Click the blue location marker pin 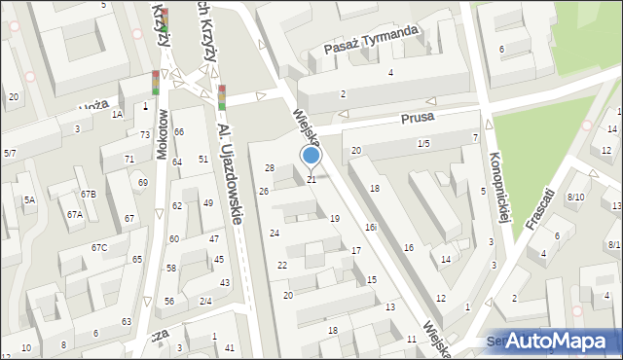pyautogui.click(x=311, y=156)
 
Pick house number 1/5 pyautogui.click(x=423, y=144)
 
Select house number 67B pyautogui.click(x=89, y=195)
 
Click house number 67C pyautogui.click(x=99, y=248)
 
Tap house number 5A pyautogui.click(x=29, y=200)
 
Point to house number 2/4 pyautogui.click(x=205, y=301)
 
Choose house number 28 pyautogui.click(x=270, y=168)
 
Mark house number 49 pyautogui.click(x=208, y=202)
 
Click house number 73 pyautogui.click(x=145, y=134)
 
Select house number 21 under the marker pyautogui.click(x=311, y=180)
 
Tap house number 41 pyautogui.click(x=230, y=347)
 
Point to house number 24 pyautogui.click(x=275, y=234)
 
